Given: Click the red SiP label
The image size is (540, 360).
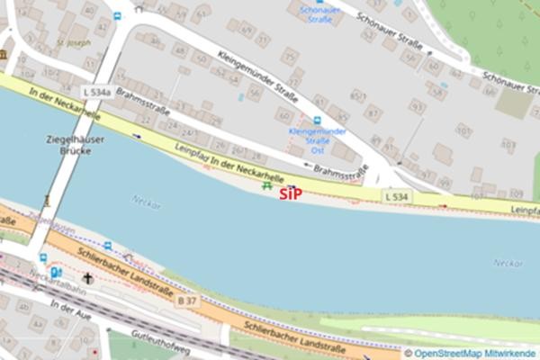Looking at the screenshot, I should tap(290, 193).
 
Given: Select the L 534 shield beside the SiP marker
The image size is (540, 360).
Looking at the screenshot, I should tap(395, 195).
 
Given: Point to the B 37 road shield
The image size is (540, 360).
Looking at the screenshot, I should tap(187, 300).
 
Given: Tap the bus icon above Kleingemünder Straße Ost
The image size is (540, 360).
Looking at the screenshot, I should tap(316, 119).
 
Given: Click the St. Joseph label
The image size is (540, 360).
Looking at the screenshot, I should tap(73, 41).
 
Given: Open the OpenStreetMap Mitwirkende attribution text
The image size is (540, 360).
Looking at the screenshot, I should tap(475, 354).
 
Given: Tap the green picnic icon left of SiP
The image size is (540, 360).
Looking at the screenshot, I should tap(265, 186).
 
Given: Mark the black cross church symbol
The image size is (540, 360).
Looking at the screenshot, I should tap(86, 279).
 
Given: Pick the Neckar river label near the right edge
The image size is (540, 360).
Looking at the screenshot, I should tap(507, 262).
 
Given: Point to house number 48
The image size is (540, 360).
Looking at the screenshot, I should tap(180, 50).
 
